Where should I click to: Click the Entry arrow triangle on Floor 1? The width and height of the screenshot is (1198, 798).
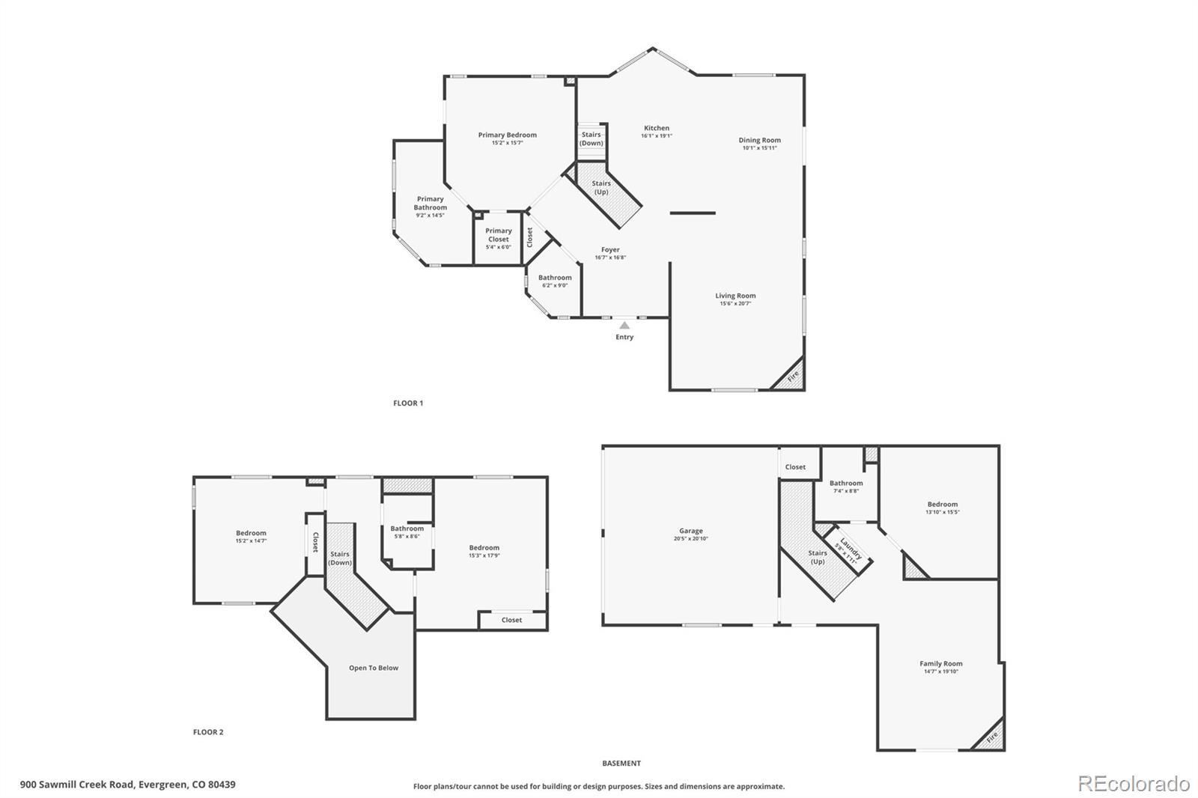tap(624, 326)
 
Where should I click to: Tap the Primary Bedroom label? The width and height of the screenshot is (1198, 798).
tap(507, 135)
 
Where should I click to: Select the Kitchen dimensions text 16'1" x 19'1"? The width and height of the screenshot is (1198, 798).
tap(657, 136)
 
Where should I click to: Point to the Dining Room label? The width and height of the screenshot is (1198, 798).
tap(759, 140)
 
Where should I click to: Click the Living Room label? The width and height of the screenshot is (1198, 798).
tap(735, 296)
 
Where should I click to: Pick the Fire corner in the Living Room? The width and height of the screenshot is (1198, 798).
tap(792, 377)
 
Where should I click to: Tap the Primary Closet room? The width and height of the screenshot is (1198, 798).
tap(498, 238)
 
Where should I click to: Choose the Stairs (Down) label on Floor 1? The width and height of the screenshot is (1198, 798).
tap(591, 138)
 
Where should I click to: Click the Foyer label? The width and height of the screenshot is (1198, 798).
tap(610, 250)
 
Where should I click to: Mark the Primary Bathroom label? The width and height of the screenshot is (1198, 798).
tap(430, 204)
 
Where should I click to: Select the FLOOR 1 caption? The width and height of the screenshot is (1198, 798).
tap(408, 403)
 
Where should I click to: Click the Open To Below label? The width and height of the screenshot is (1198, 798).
tap(374, 668)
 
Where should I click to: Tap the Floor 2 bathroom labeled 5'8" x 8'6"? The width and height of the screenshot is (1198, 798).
tap(407, 532)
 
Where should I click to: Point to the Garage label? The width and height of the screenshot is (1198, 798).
tap(690, 532)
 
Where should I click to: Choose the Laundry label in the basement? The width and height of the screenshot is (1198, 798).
tap(851, 549)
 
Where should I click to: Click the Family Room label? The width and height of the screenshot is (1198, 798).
tap(941, 664)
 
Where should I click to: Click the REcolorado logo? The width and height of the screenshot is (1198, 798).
tap(1134, 784)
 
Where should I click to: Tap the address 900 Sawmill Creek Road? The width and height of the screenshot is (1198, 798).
tap(127, 785)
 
